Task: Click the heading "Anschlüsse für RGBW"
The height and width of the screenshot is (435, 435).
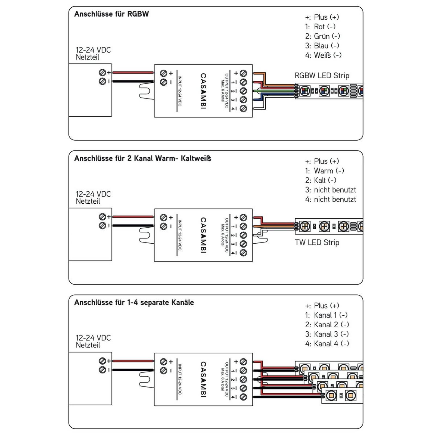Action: [111, 14]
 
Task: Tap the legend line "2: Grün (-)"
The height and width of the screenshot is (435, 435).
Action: [322, 36]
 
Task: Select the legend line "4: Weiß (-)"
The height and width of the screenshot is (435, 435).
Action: [323, 55]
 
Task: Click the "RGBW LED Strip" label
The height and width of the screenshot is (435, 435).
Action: [322, 76]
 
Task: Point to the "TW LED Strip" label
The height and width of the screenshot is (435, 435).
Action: [317, 243]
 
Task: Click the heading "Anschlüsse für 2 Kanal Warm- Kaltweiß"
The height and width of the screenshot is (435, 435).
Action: [143, 158]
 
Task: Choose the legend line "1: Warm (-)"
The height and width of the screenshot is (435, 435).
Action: [324, 171]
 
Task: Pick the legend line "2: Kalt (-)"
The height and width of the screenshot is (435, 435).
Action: [321, 180]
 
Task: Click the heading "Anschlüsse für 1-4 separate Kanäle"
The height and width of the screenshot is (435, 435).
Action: [134, 302]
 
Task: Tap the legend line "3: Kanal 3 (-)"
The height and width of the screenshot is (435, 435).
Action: [327, 334]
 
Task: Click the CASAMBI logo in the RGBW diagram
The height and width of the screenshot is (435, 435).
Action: [203, 91]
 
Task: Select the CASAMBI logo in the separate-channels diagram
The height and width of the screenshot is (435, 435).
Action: [203, 379]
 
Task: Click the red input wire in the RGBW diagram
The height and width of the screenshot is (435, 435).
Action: [133, 73]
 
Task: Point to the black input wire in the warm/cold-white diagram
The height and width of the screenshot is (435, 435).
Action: [133, 226]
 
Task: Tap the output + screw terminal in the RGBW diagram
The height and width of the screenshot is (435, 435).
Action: [243, 73]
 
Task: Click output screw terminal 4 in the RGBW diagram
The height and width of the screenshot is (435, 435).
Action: [243, 108]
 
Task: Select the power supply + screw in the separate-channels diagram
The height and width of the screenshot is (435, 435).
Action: [102, 361]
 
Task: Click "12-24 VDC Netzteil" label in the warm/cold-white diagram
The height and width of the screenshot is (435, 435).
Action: [93, 198]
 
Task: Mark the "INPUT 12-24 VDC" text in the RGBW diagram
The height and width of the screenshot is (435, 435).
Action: [180, 91]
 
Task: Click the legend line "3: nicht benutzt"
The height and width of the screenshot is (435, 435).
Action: [330, 190]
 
